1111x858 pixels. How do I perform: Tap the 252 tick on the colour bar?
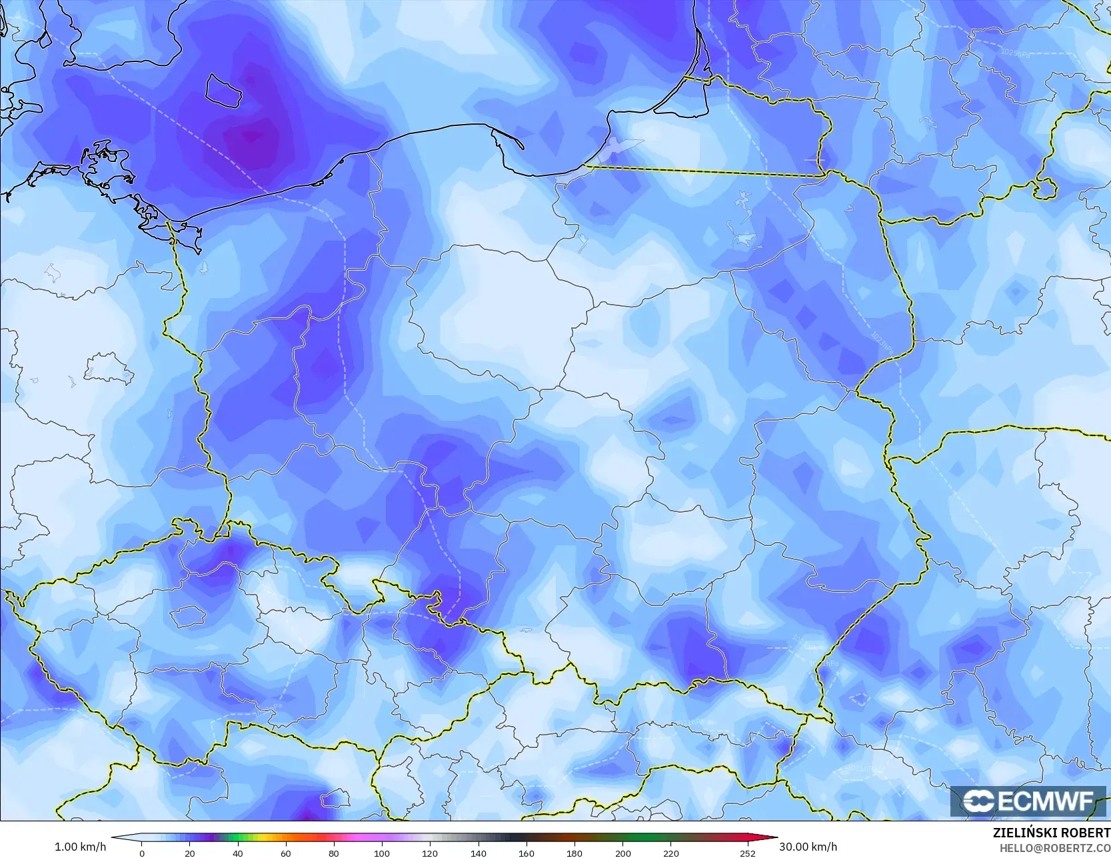[x=748, y=853]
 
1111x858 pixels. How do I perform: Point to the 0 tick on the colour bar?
[x=142, y=853]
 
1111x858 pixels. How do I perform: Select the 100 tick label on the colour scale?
[x=381, y=853]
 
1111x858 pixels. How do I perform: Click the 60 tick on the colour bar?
[x=286, y=853]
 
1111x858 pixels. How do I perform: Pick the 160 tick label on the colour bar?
[x=526, y=853]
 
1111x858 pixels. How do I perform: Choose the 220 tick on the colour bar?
[x=670, y=853]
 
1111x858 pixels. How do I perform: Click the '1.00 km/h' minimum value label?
[x=80, y=847]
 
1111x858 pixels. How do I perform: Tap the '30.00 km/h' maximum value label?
[x=808, y=847]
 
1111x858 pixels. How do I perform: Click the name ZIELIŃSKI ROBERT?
[x=1051, y=833]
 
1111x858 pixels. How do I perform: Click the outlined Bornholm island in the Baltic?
[x=223, y=91]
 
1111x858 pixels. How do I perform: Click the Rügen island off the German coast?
[x=107, y=163]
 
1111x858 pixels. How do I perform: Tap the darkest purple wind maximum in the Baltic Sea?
[x=253, y=137]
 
